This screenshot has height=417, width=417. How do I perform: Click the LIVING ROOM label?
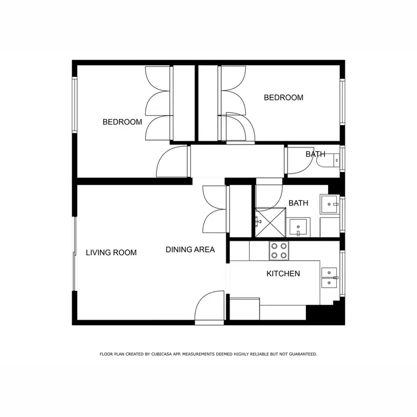click(x=111, y=252)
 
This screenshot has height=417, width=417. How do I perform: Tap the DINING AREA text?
click(x=190, y=250)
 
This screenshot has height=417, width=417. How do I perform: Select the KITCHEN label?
click(x=283, y=274)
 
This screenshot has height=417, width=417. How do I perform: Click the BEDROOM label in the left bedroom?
click(x=122, y=122)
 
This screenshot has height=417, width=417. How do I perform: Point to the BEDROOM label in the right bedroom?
click(x=284, y=98)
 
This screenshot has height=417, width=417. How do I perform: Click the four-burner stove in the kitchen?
click(x=279, y=251)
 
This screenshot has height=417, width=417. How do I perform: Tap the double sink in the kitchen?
click(x=329, y=277)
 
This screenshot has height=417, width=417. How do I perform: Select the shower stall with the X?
click(x=270, y=222)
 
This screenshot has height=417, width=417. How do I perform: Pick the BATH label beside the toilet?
click(x=315, y=154)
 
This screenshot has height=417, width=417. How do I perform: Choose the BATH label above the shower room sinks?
click(x=298, y=203)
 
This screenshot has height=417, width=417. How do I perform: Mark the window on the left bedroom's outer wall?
click(x=74, y=104)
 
